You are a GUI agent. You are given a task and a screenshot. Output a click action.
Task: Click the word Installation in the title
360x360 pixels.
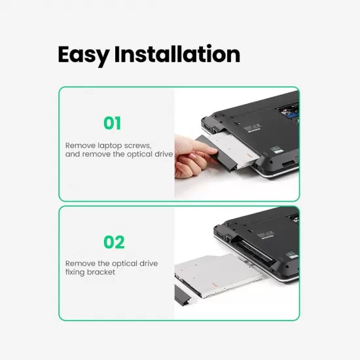(177, 54)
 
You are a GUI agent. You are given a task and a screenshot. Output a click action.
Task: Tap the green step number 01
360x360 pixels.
(112, 123)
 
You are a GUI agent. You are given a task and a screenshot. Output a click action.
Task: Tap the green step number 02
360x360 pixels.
(114, 242)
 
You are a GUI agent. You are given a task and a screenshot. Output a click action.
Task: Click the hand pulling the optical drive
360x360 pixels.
(193, 156)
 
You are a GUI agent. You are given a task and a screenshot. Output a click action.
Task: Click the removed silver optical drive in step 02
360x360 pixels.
(218, 274)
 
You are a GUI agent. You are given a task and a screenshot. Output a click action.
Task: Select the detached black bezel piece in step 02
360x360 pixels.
(182, 295)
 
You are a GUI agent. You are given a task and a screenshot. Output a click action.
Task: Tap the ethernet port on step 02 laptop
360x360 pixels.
(228, 239)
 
